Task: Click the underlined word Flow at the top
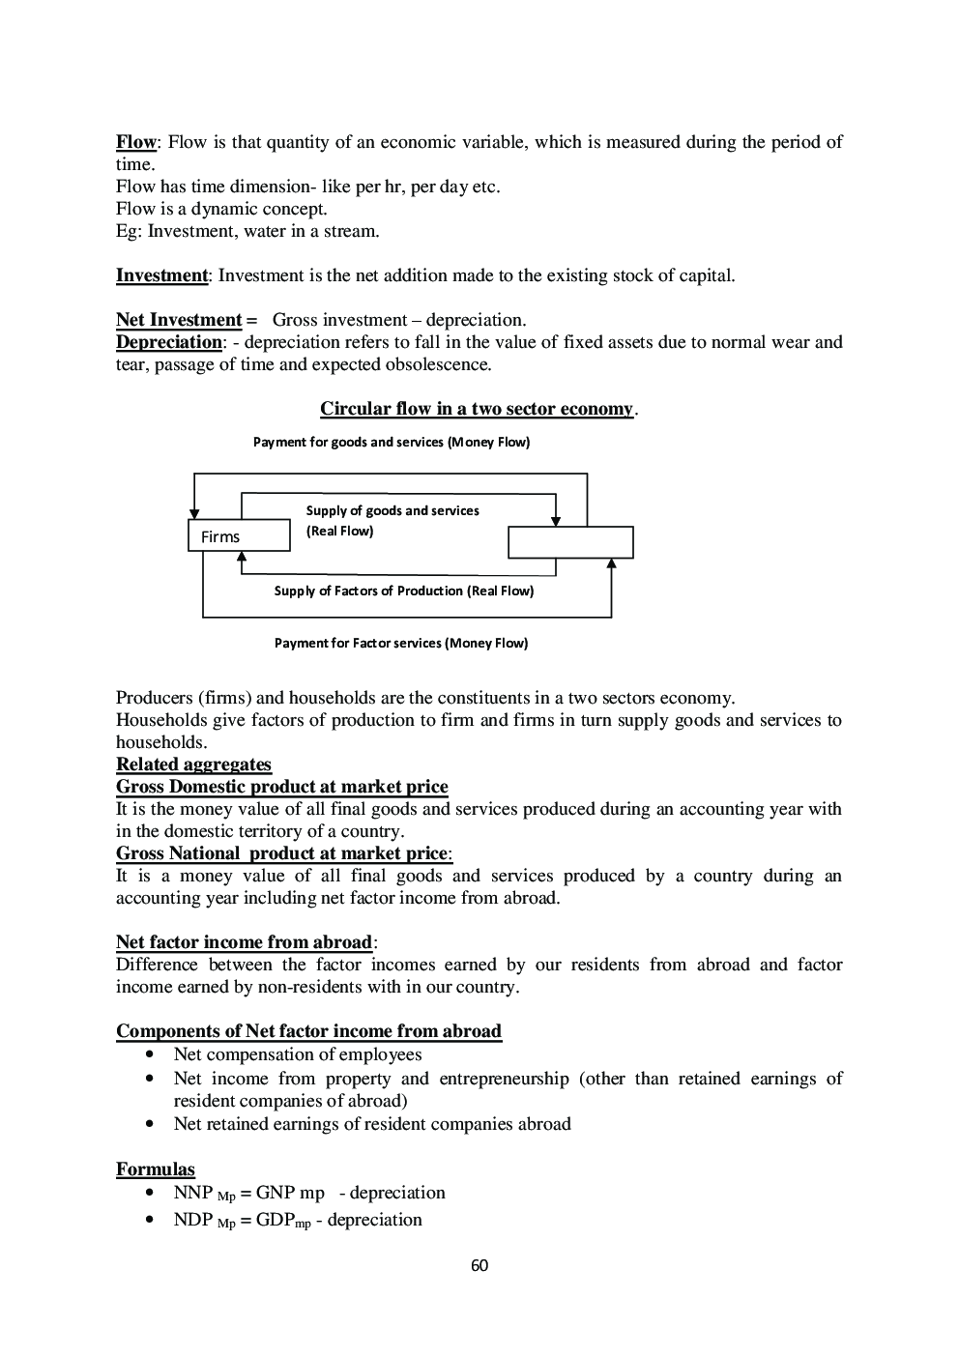(135, 142)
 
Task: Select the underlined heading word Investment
(161, 275)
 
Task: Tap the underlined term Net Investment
(179, 320)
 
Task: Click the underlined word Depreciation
(168, 342)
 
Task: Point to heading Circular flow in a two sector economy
(477, 409)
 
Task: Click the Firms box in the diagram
(238, 535)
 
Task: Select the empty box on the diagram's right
(570, 542)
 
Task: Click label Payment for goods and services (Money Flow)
(391, 443)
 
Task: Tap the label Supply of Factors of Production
(403, 591)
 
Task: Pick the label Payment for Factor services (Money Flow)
(400, 643)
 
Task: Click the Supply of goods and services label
(392, 510)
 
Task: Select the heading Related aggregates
(193, 765)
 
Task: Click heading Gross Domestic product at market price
(281, 787)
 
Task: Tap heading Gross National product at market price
(282, 853)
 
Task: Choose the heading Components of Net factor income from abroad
(308, 1031)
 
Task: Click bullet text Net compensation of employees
(297, 1054)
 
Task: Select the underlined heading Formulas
(155, 1169)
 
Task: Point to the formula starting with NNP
(308, 1193)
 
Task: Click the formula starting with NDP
(297, 1220)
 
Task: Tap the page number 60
(479, 1266)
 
